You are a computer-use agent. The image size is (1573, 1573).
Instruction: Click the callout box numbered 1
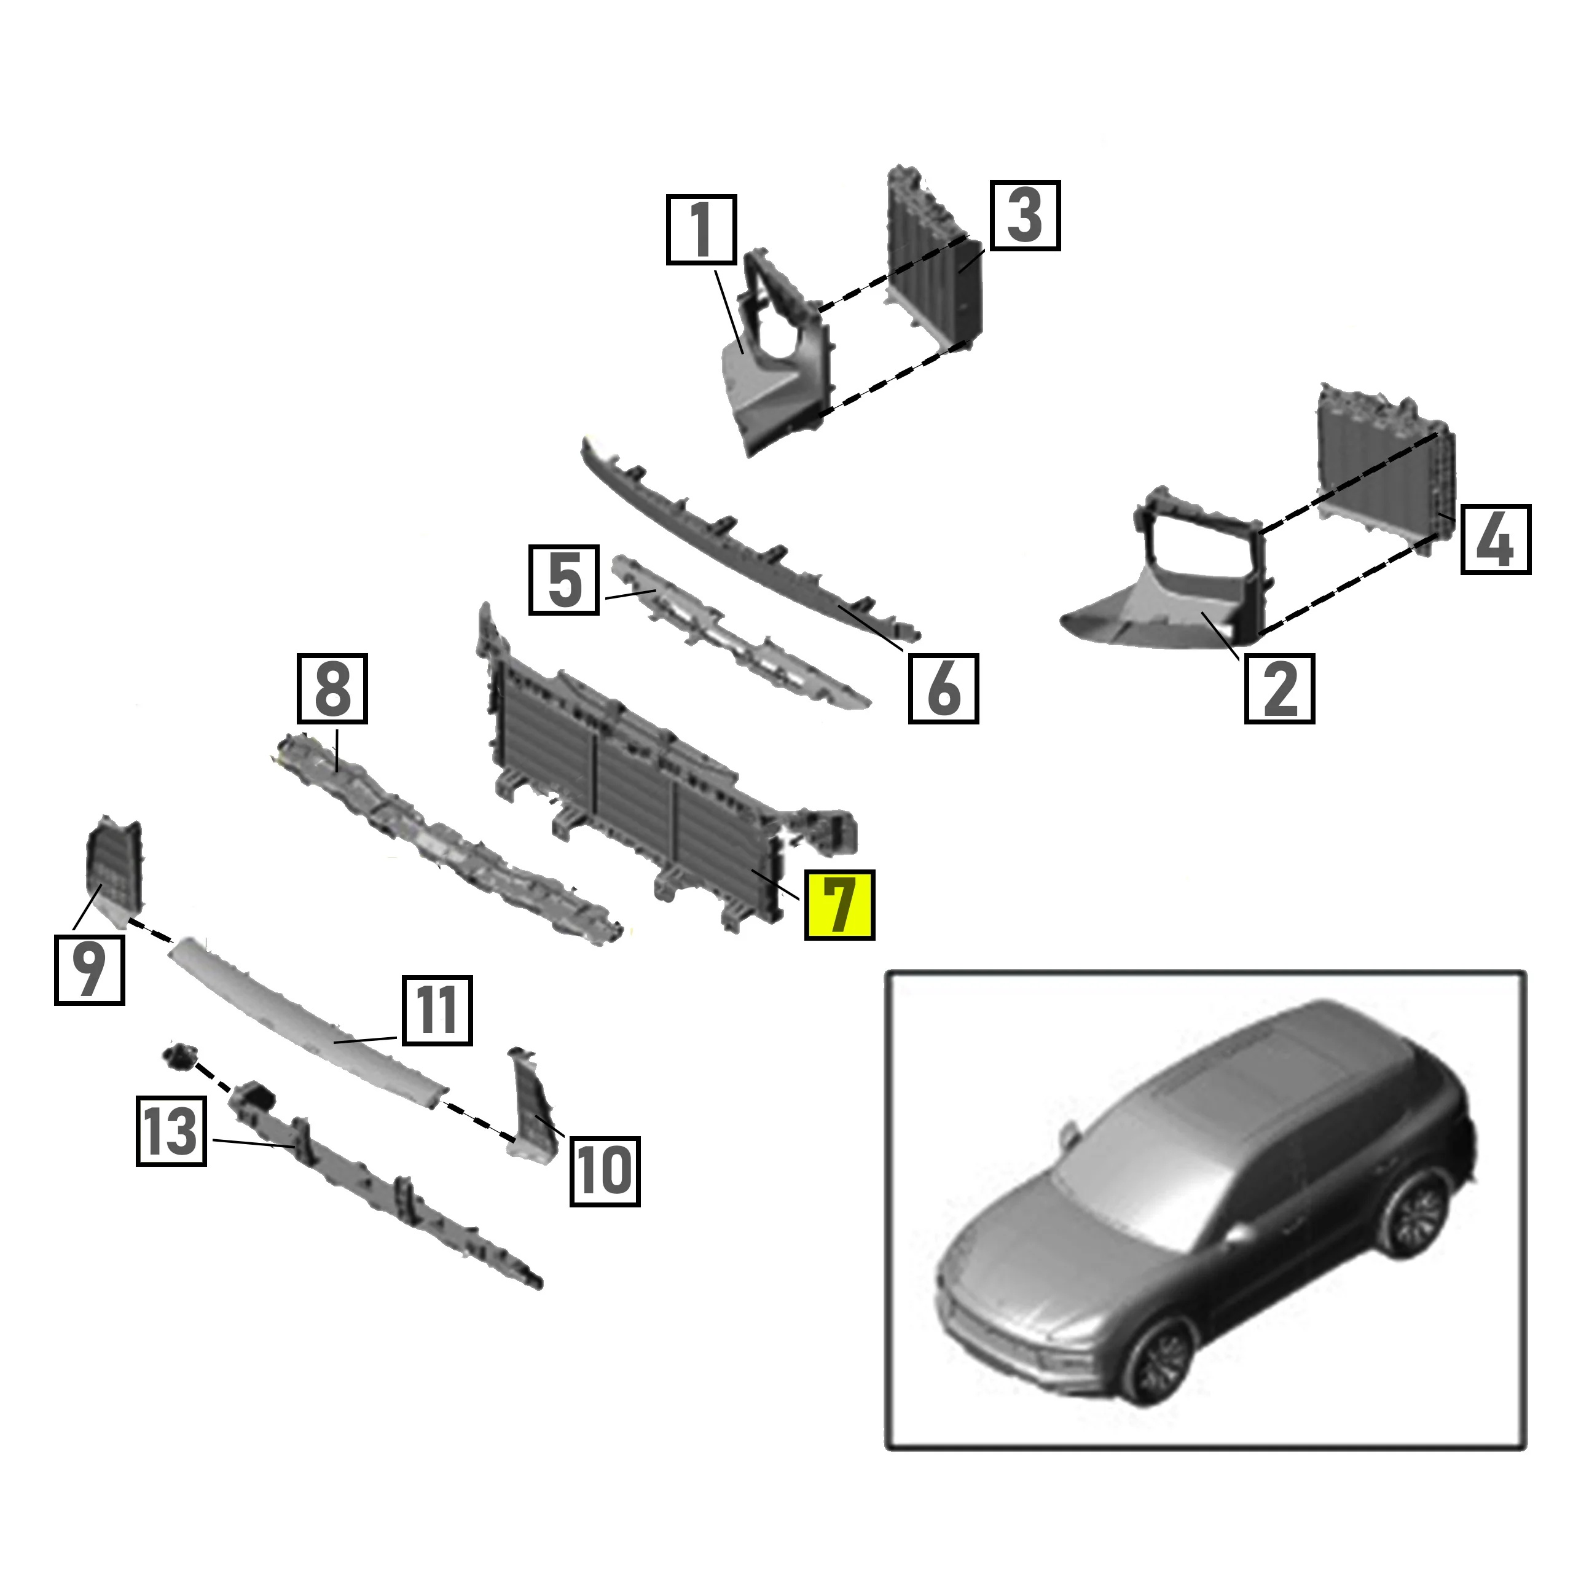coord(701,230)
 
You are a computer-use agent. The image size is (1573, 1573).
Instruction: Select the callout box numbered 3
coord(1025,216)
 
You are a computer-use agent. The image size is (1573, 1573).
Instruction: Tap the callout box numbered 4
coord(1496,539)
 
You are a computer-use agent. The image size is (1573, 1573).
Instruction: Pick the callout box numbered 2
coord(1279,688)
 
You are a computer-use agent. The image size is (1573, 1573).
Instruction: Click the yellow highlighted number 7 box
coord(839,904)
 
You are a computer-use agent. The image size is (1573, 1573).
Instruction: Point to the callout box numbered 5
coord(564,579)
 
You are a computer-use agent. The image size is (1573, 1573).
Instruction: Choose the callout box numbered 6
coord(943,688)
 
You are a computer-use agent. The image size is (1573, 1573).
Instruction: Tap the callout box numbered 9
coord(90,969)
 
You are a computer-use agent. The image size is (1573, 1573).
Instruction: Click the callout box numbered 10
coord(604,1171)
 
